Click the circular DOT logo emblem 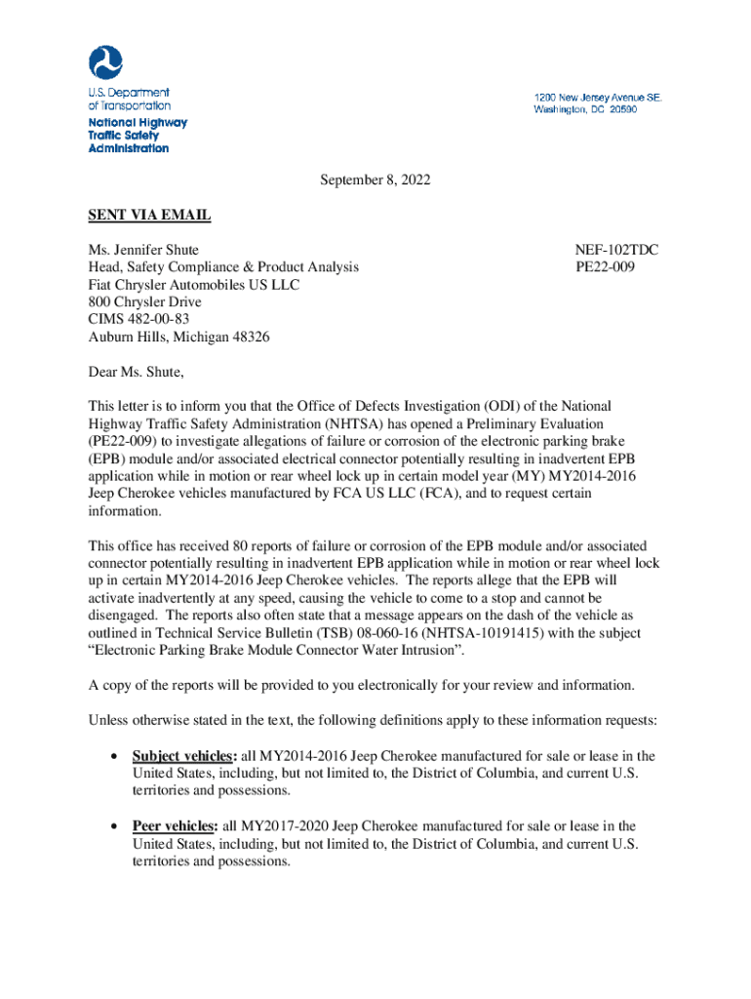click(x=105, y=63)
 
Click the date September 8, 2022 click(x=375, y=180)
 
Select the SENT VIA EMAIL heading click(x=149, y=216)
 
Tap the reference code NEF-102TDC click(x=617, y=250)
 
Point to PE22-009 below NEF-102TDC click(x=606, y=267)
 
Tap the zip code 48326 click(x=251, y=337)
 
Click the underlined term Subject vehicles click(x=183, y=756)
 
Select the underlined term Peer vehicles click(x=175, y=826)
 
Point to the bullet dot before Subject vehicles click(x=116, y=757)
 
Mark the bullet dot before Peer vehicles click(x=116, y=827)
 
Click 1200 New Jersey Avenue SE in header click(x=597, y=98)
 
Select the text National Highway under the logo click(x=138, y=123)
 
